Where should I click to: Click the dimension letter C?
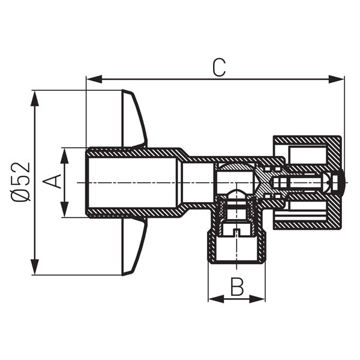[x=218, y=68]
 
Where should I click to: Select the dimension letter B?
[x=237, y=288]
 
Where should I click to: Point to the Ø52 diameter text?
[x=21, y=181]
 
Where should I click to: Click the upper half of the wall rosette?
[x=133, y=120]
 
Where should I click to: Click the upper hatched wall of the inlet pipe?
[x=132, y=152]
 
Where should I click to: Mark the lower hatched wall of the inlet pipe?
[x=132, y=213]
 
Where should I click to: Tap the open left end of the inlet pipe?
[x=88, y=182]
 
